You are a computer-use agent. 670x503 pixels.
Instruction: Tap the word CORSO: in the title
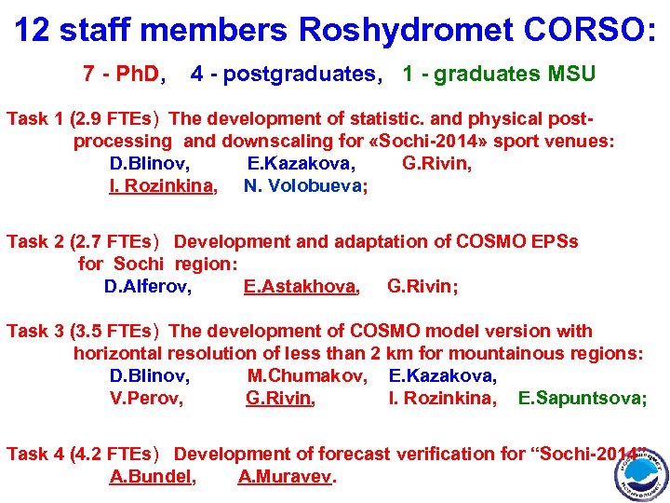588,30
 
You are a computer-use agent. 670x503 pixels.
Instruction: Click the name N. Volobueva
304,185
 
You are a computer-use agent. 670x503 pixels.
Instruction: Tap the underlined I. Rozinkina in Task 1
163,185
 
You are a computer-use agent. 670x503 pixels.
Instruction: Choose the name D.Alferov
148,286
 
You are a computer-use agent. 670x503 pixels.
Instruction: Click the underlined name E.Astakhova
301,286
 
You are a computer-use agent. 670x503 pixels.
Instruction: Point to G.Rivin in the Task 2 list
421,286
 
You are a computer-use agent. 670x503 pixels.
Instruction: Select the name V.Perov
146,399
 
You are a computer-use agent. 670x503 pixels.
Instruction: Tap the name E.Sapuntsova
581,399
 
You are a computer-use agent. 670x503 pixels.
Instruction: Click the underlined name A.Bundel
152,477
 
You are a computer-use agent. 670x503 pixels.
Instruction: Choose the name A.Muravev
286,477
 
